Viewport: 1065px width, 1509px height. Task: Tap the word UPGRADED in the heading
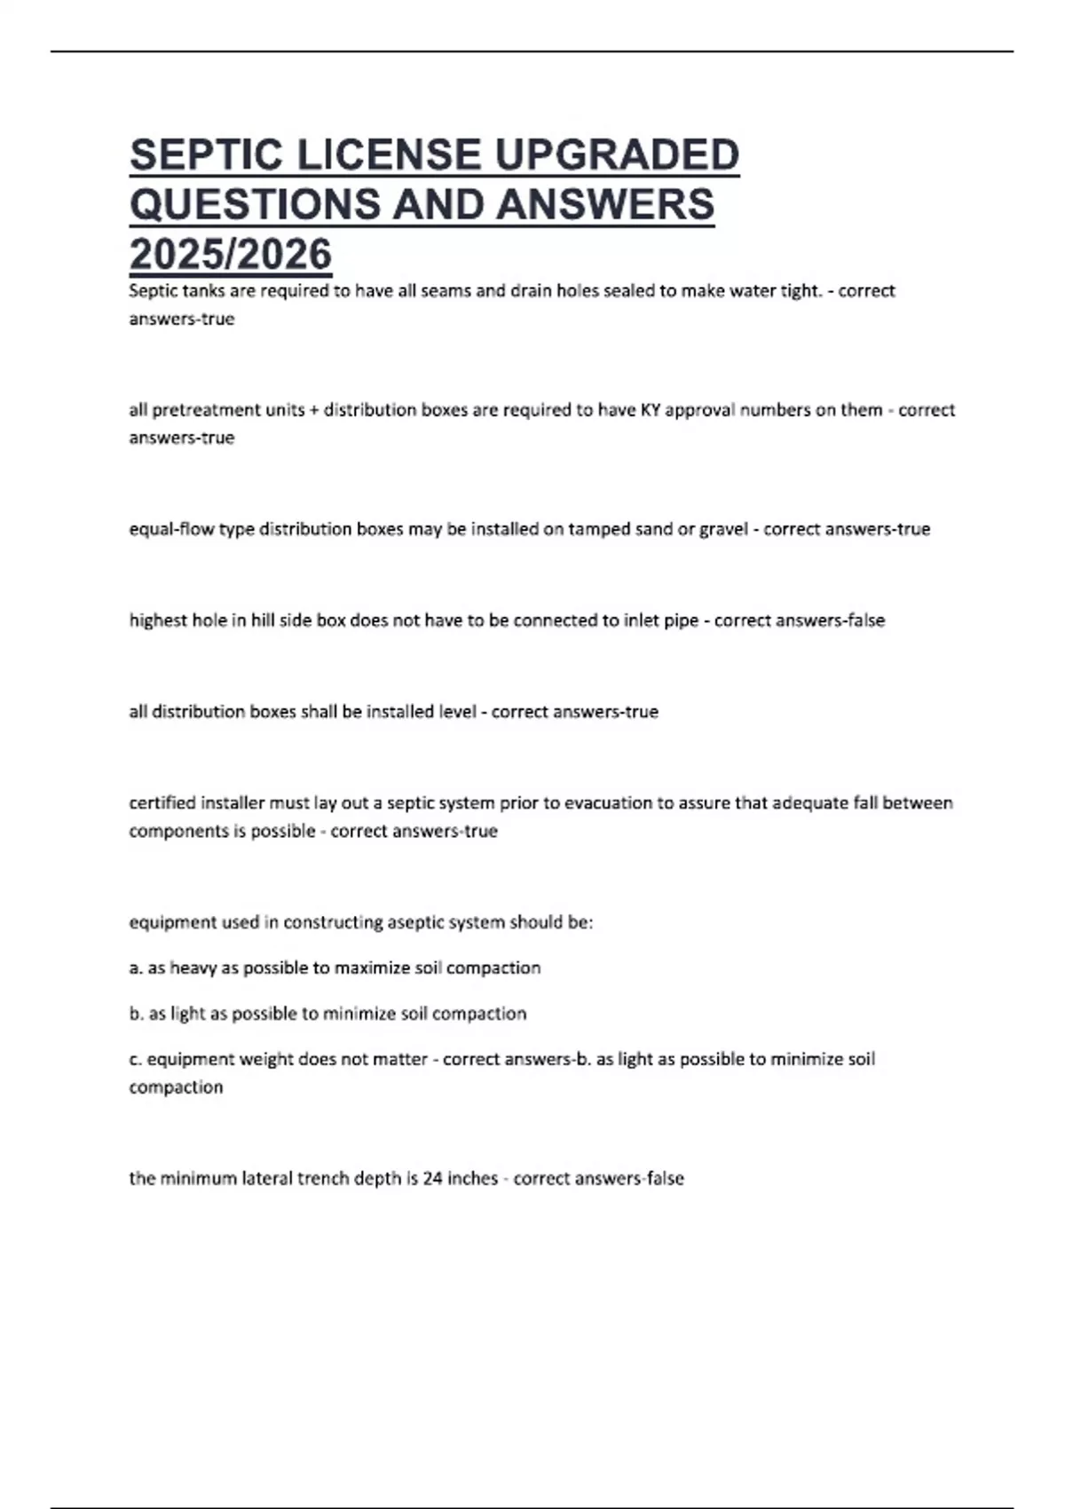coord(616,155)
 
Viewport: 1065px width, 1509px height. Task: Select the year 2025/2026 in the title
coord(231,254)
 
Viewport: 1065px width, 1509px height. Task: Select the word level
coord(458,712)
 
